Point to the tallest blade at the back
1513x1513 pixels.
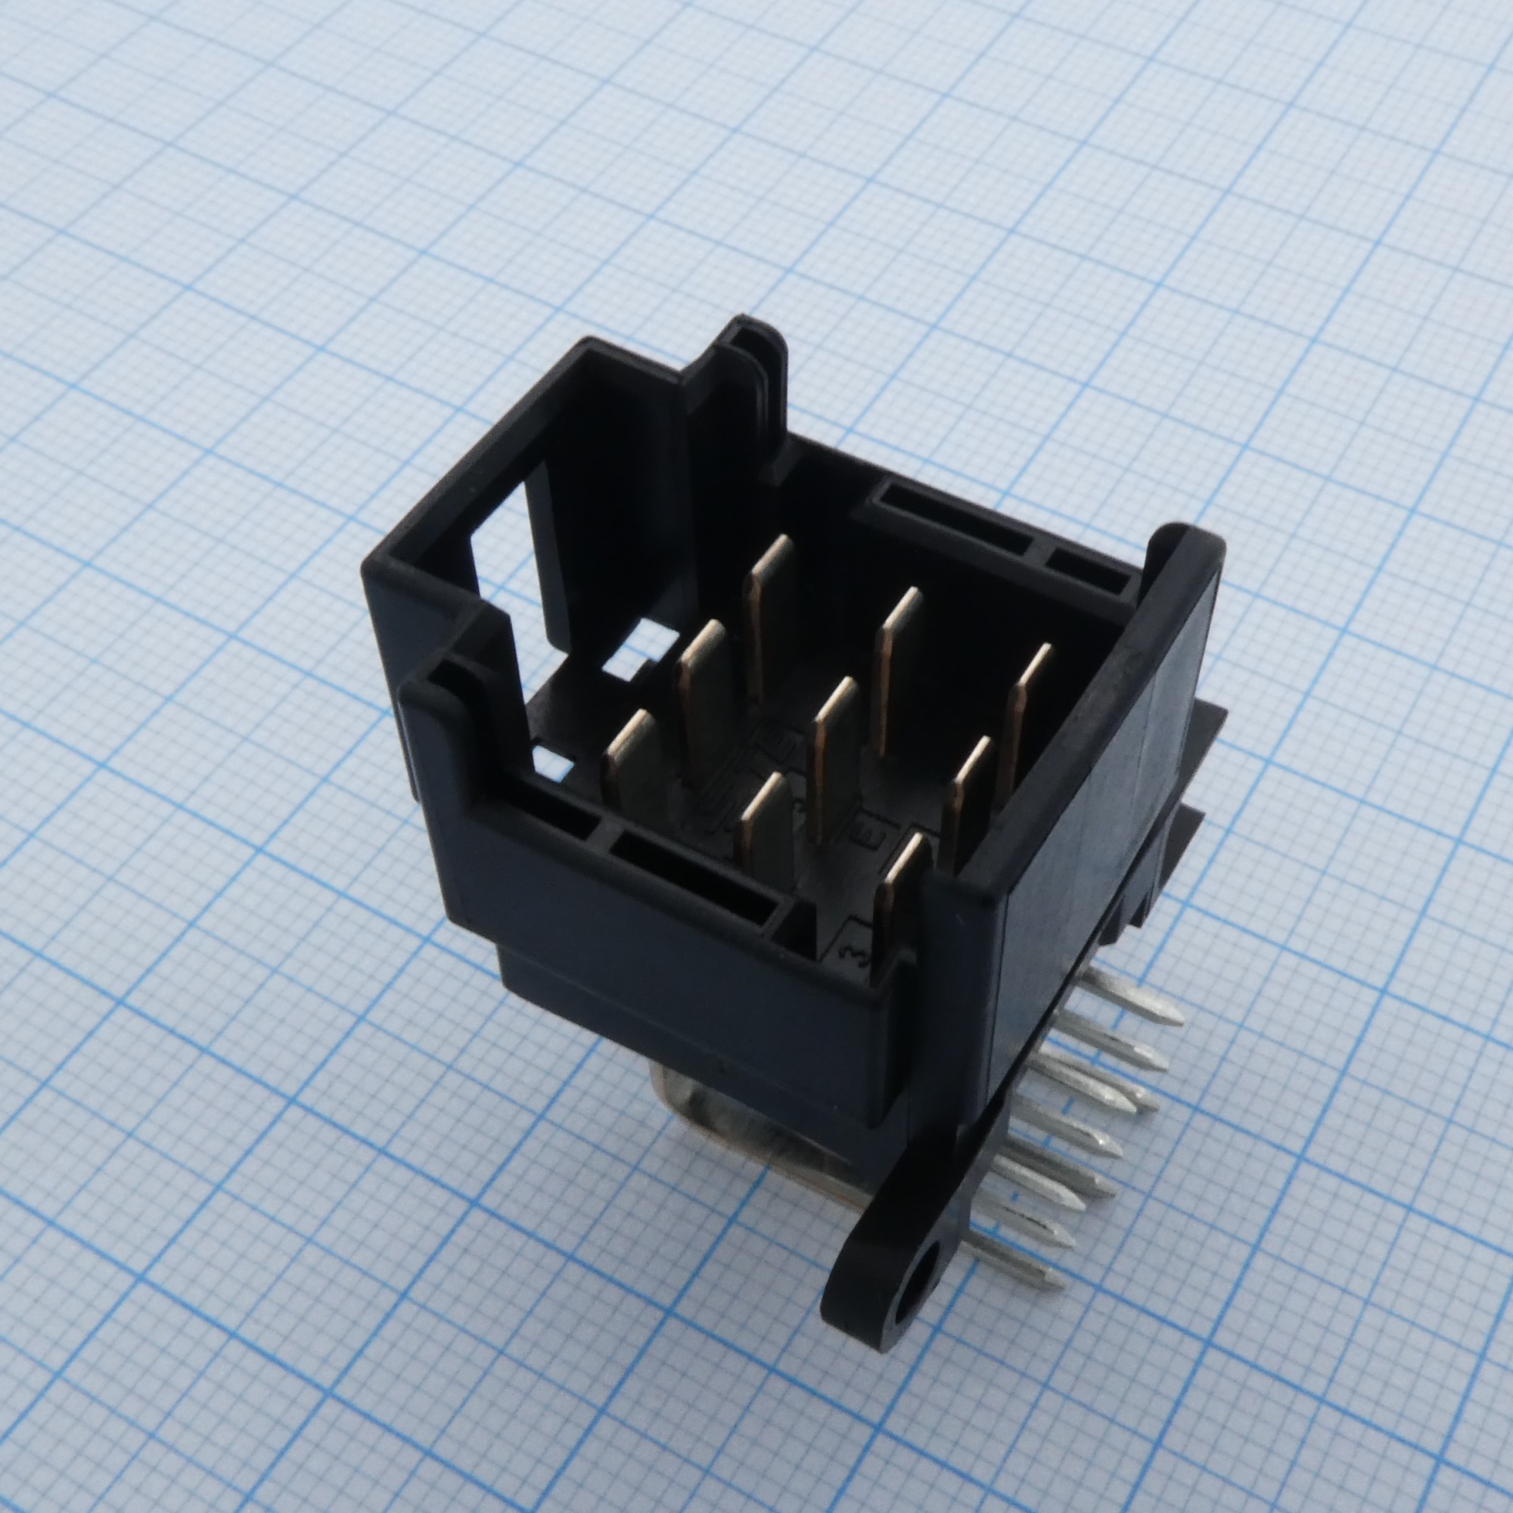click(x=763, y=610)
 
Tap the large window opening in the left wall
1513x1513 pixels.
click(x=502, y=548)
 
